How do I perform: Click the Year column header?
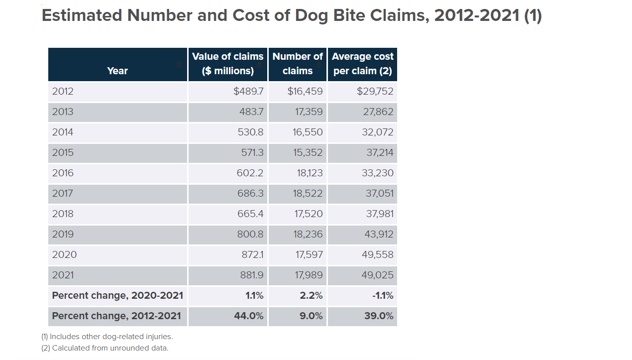(x=117, y=71)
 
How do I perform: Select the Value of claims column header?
(x=227, y=64)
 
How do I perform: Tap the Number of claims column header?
(x=298, y=64)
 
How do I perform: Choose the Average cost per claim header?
(x=362, y=64)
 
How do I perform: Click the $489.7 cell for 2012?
(x=248, y=91)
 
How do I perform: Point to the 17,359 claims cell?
(x=309, y=112)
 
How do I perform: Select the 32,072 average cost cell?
(x=378, y=132)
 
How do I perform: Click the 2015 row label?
(x=63, y=152)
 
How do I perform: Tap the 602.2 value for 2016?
(x=250, y=173)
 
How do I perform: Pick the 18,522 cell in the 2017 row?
(x=308, y=193)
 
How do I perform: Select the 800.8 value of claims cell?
(x=250, y=234)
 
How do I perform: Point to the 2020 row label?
(x=65, y=254)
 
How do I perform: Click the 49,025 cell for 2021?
(x=378, y=275)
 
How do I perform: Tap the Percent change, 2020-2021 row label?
(x=117, y=295)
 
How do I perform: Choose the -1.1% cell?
(x=383, y=295)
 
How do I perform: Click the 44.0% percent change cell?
(x=249, y=316)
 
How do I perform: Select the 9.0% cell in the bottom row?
(x=311, y=316)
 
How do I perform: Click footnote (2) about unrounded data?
(x=105, y=348)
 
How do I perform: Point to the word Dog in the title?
(x=312, y=15)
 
